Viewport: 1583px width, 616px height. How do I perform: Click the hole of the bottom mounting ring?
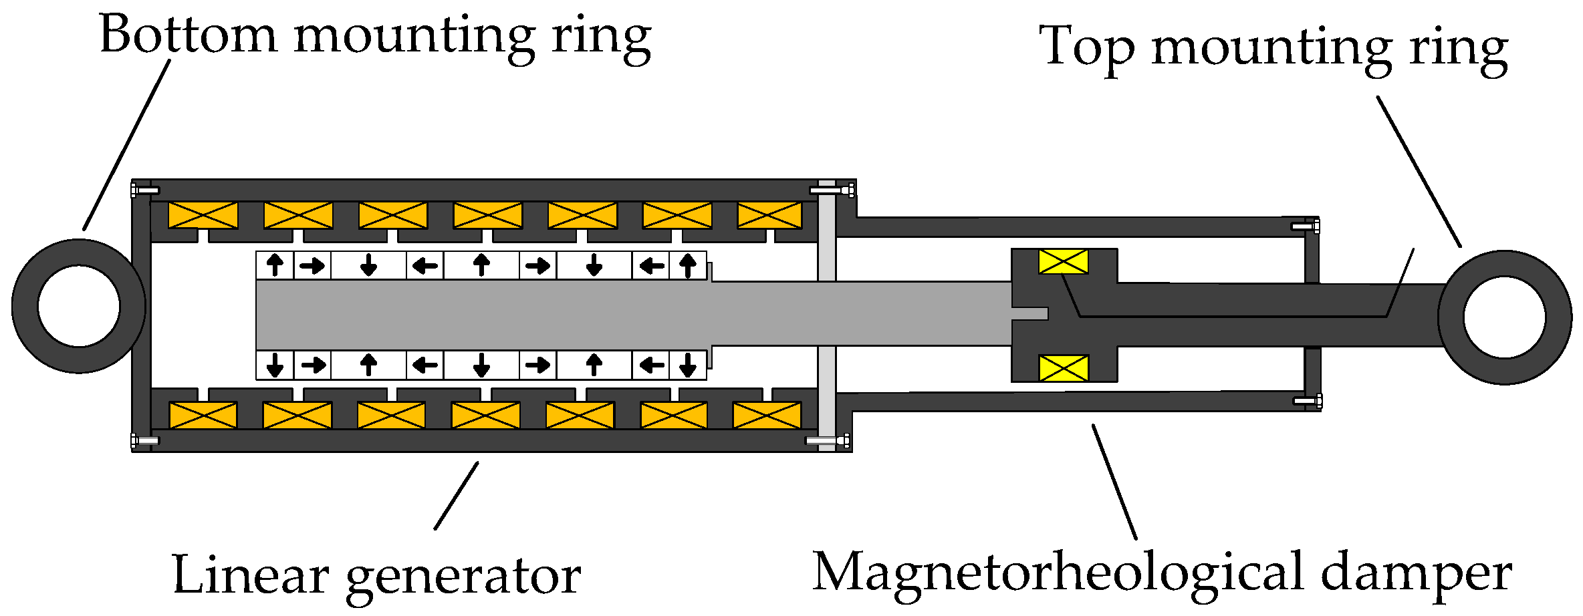(x=79, y=306)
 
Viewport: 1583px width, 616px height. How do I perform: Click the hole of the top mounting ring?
(x=1504, y=317)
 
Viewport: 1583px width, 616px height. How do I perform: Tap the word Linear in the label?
(x=250, y=575)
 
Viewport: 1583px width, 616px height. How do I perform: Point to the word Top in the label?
(x=1086, y=47)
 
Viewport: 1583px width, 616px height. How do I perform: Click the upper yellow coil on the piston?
(x=1063, y=261)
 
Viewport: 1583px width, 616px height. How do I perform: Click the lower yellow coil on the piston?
(x=1063, y=368)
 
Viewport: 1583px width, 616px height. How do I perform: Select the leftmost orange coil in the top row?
(x=203, y=215)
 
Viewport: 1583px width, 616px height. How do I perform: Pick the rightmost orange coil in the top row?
(x=769, y=215)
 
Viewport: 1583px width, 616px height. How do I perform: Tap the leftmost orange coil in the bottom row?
(x=203, y=415)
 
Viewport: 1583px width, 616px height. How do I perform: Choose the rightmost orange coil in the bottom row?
(x=767, y=415)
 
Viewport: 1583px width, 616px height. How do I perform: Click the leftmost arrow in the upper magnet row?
(x=275, y=265)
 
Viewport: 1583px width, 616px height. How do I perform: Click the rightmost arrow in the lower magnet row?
(x=688, y=365)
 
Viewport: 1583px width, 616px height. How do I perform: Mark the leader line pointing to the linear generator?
(x=456, y=496)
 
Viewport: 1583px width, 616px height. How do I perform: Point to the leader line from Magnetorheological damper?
(x=1114, y=481)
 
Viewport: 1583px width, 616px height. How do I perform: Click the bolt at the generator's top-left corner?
(x=144, y=190)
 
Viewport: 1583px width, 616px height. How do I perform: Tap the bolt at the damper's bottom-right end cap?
(x=1308, y=401)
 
